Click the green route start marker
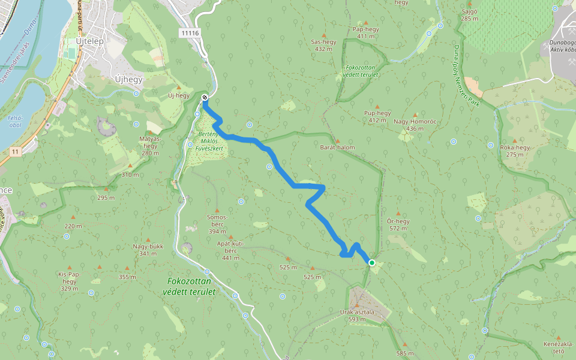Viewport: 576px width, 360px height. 372,263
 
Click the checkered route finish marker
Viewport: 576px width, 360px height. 205,97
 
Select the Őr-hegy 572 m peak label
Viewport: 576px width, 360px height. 398,224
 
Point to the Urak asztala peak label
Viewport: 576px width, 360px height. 357,316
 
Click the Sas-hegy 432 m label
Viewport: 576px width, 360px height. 323,45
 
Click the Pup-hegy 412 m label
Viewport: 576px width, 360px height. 377,116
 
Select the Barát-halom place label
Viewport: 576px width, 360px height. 337,147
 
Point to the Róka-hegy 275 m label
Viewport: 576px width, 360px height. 515,151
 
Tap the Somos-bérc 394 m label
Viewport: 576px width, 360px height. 217,224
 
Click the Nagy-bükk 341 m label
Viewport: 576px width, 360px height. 148,250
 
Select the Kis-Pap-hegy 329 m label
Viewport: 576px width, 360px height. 69,281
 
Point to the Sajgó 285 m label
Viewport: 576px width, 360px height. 470,15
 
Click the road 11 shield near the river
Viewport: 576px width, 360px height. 13,152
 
